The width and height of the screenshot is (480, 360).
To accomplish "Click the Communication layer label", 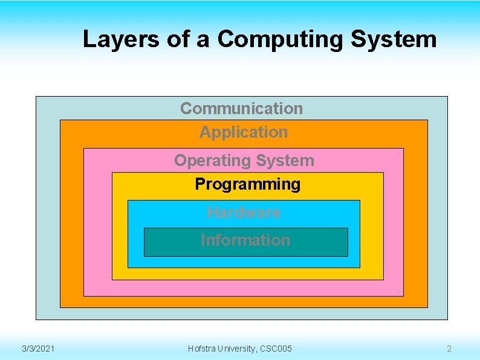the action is coord(241,108).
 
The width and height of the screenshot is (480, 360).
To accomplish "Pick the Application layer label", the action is coord(244,132).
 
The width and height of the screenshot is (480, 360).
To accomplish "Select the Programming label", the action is coord(247,184).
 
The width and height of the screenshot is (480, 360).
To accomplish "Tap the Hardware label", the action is coord(244,212).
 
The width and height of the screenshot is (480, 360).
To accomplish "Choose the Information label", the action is coord(245,240).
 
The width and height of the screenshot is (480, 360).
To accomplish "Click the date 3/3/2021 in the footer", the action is coord(38,349).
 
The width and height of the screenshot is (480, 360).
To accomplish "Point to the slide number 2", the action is coord(449,349).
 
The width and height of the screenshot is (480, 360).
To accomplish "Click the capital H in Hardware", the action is coord(212,212).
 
